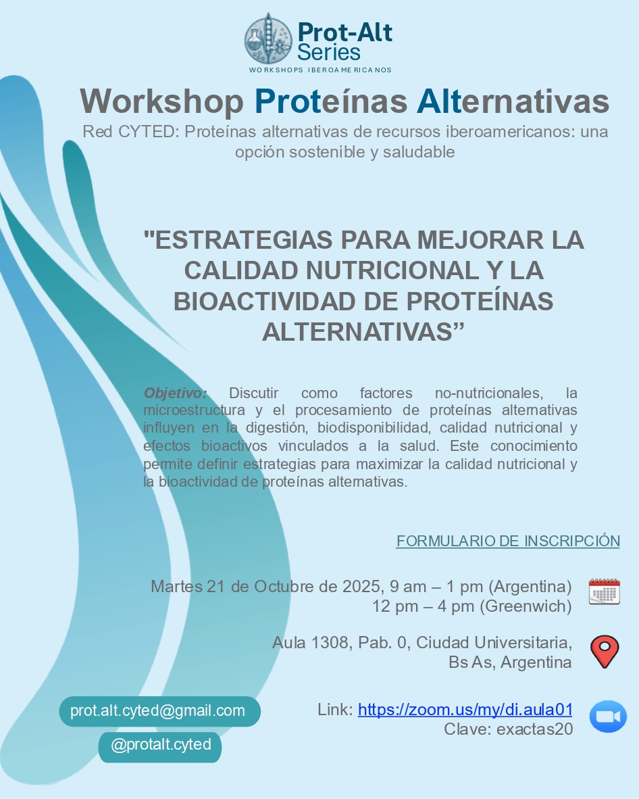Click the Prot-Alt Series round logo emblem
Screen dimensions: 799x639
pos(268,39)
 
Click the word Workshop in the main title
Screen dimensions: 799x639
pos(161,101)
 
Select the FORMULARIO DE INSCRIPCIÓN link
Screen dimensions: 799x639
pos(507,541)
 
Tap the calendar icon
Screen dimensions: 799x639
pos(604,591)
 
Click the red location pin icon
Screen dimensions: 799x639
pos(604,652)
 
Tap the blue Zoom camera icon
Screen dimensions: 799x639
pos(608,717)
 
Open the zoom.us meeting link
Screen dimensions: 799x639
pos(465,710)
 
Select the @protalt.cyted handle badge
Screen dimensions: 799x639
pos(160,745)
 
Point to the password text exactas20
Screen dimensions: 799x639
pos(534,729)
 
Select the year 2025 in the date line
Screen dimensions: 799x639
pos(361,586)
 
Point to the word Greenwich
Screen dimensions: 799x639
pos(526,606)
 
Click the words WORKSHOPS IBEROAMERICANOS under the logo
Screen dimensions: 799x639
pos(320,70)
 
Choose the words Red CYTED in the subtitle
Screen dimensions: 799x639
pos(130,132)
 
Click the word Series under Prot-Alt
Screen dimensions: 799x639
pos(329,52)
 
